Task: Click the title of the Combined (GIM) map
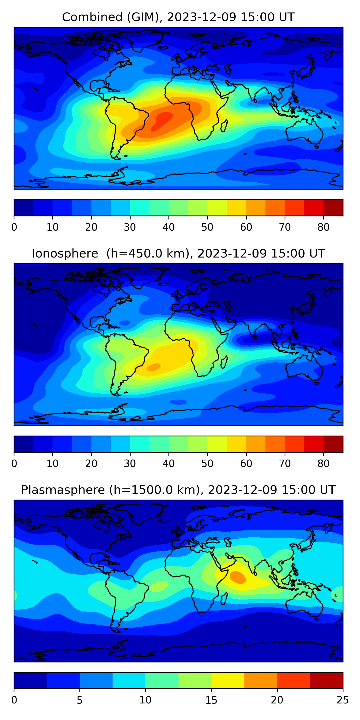coord(178,17)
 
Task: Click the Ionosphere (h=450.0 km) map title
coord(178,253)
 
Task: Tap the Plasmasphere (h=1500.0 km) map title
coord(178,490)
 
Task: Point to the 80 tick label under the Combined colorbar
coord(323,227)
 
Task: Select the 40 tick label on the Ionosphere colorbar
coord(168,464)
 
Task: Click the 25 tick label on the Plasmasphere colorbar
coord(343,700)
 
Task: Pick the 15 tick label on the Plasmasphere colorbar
coord(211,700)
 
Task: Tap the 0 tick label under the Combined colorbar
coord(14,227)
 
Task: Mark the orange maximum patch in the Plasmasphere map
coord(238,577)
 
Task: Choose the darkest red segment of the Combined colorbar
coord(333,208)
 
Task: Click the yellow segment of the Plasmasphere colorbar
coord(228,680)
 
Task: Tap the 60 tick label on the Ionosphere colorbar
coord(246,464)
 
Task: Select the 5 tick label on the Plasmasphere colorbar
coord(80,700)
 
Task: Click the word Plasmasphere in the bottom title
coord(63,490)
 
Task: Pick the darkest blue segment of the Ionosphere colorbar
coord(24,444)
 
